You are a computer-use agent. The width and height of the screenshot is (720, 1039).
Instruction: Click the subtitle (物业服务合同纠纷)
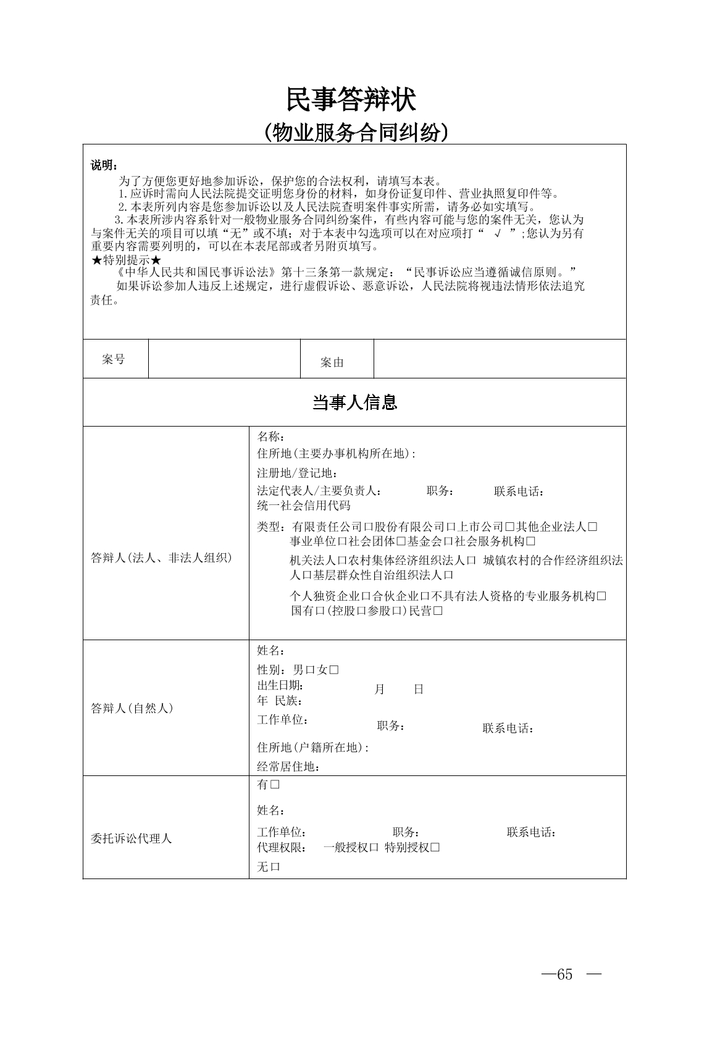(x=355, y=133)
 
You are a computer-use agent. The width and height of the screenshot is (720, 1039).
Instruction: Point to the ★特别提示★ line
(x=126, y=260)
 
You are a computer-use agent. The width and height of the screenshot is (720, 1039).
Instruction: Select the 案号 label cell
(x=114, y=359)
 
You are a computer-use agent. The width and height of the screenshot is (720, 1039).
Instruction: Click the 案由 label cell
(x=332, y=362)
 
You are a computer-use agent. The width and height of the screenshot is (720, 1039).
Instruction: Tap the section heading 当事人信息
(x=354, y=403)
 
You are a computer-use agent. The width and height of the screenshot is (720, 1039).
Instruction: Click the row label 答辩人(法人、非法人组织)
(x=162, y=558)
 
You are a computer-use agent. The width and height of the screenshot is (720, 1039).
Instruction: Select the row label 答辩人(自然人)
(x=132, y=708)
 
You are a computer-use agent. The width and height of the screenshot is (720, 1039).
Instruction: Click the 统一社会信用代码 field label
(x=303, y=506)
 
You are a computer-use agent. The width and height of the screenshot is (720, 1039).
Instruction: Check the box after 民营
(x=438, y=611)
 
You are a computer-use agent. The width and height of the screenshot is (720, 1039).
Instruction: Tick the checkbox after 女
(x=334, y=670)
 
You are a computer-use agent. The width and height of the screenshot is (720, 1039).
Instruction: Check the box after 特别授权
(x=435, y=848)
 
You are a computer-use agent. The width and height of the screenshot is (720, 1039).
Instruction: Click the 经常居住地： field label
(x=288, y=767)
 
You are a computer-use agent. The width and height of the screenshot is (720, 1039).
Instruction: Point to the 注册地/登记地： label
(x=297, y=474)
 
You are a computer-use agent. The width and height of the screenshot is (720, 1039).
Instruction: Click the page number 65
(x=564, y=974)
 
